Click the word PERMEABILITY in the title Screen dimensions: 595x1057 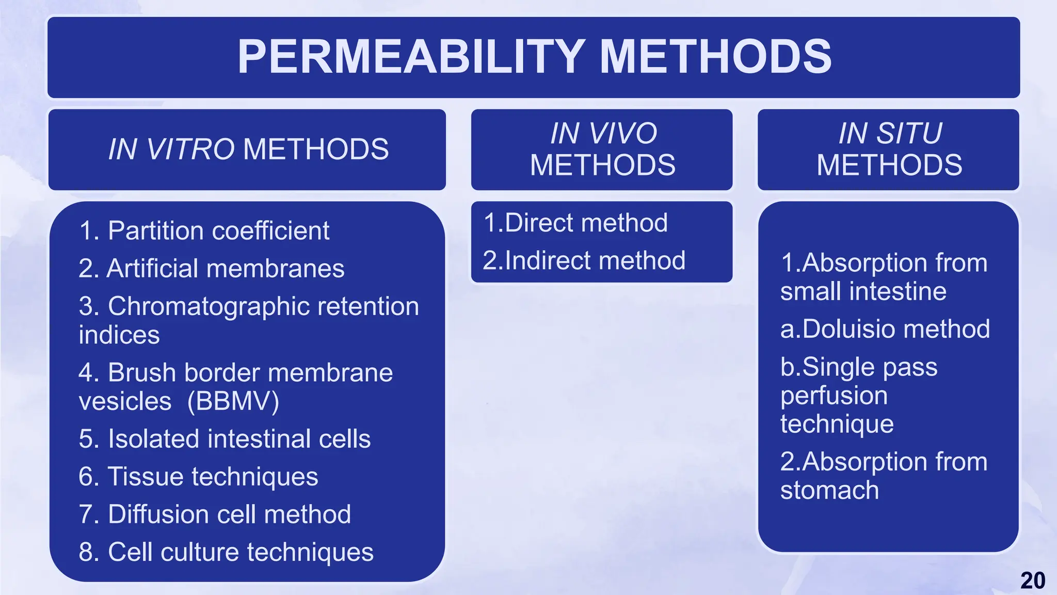[x=411, y=57]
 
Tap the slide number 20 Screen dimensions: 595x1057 [x=1033, y=581]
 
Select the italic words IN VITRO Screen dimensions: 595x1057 [x=171, y=150]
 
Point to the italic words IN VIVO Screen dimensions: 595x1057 [x=603, y=133]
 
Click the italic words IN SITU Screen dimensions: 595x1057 [x=890, y=133]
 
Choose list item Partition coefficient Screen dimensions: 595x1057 [x=218, y=230]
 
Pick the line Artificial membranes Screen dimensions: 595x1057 [x=225, y=269]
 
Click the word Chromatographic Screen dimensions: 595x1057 [x=209, y=306]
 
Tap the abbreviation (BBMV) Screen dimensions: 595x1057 [x=233, y=401]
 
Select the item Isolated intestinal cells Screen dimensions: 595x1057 [x=239, y=439]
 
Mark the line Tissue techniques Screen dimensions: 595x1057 [x=213, y=476]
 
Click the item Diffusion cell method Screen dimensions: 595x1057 [x=229, y=514]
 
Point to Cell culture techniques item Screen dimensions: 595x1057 [x=241, y=552]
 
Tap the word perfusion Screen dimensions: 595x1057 [x=834, y=396]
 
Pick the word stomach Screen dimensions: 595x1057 [x=829, y=490]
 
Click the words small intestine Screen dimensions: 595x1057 [x=863, y=291]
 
